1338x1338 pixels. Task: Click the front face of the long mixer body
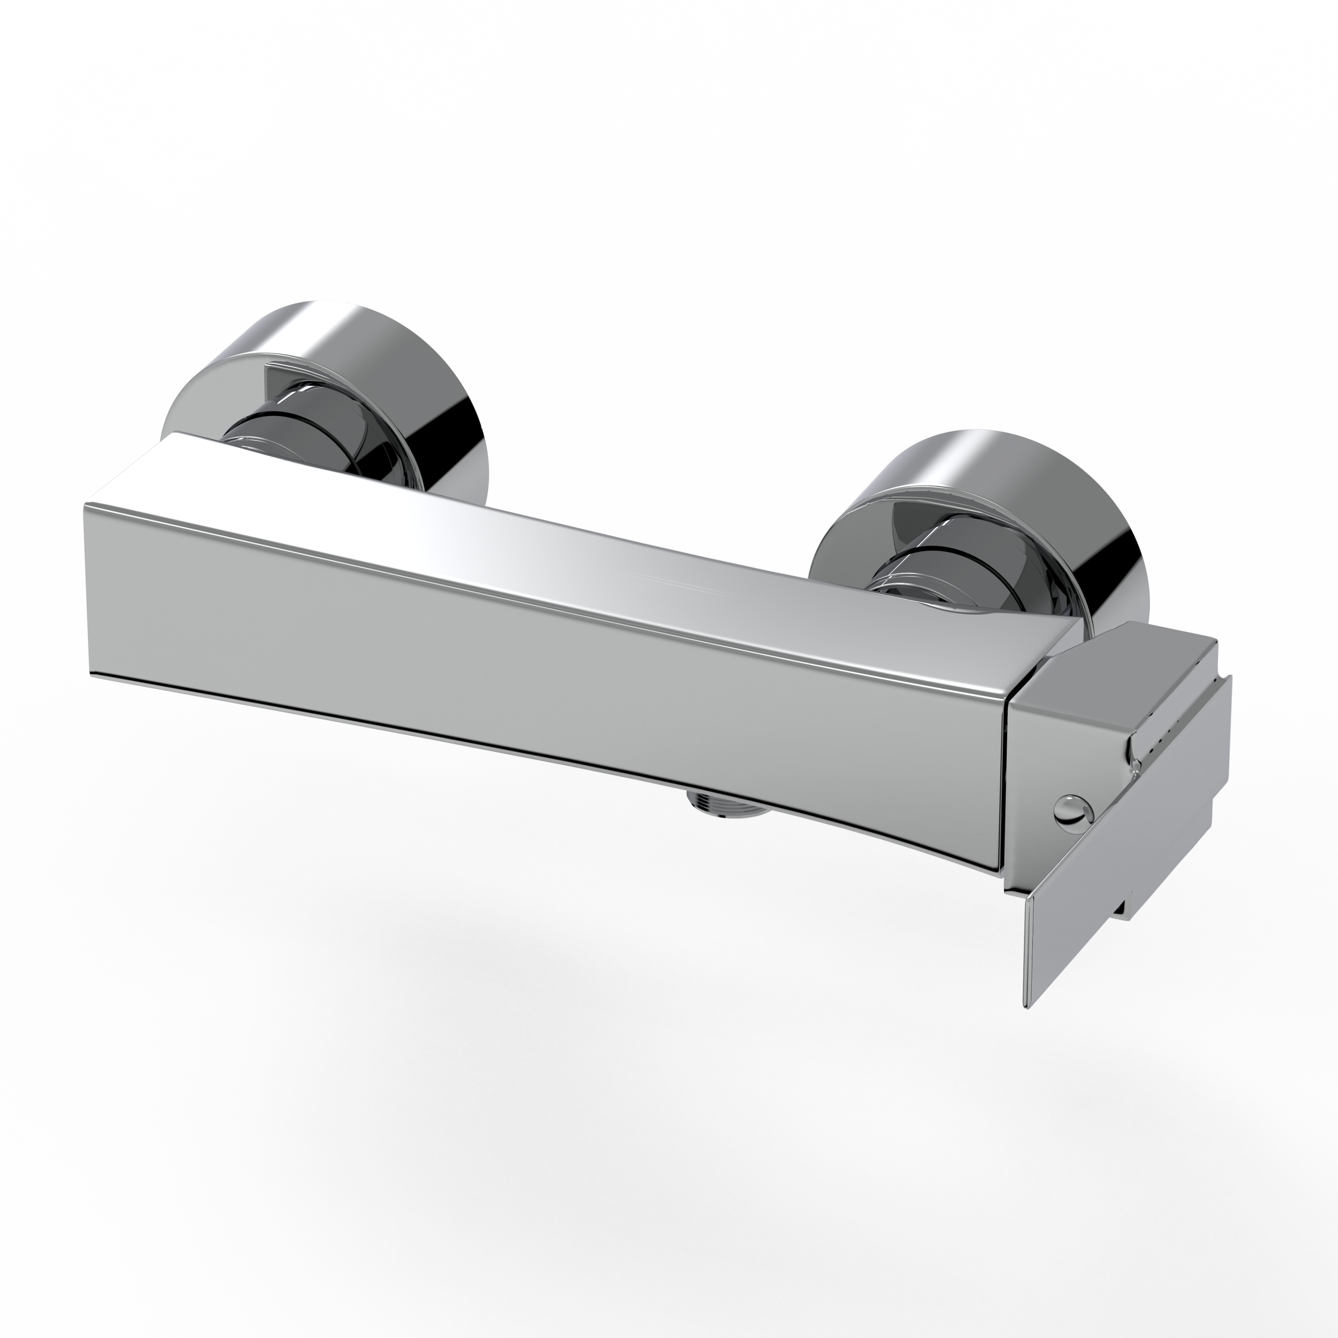(540, 658)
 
